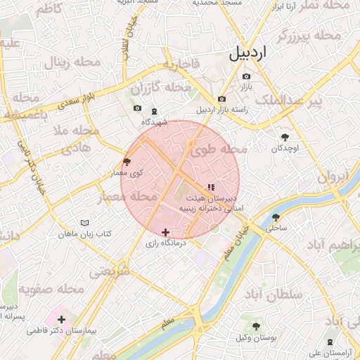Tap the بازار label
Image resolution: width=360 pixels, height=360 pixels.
[246, 88]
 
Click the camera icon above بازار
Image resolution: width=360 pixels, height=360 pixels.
[246, 76]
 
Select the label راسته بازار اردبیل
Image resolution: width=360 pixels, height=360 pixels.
[213, 110]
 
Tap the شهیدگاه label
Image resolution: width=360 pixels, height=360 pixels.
[155, 122]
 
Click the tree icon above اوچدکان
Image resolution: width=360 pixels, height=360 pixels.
[285, 137]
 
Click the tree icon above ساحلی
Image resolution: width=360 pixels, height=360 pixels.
[276, 217]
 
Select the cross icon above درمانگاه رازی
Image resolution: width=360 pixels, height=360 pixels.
[165, 232]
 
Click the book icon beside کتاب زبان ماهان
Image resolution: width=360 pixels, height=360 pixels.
[84, 223]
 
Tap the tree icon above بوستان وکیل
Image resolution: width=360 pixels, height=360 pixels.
[256, 326]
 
